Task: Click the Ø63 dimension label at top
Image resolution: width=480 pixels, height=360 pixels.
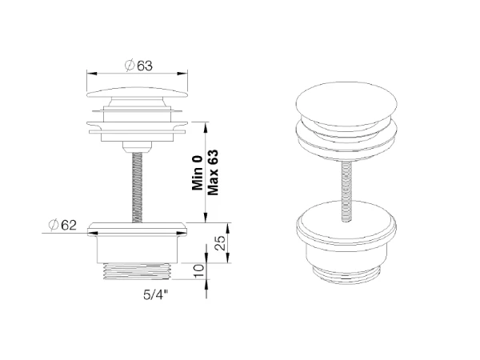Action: pyautogui.click(x=138, y=66)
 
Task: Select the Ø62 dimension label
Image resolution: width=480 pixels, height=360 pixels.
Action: pyautogui.click(x=62, y=226)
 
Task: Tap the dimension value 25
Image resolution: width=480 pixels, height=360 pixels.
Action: pyautogui.click(x=221, y=243)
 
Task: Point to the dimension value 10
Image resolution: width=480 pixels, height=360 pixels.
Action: pyautogui.click(x=199, y=271)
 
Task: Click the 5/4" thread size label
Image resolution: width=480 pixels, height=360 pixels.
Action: pyautogui.click(x=156, y=294)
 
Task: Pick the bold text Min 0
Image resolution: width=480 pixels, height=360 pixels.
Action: pyautogui.click(x=198, y=173)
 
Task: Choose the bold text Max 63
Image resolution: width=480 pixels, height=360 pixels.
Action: pyautogui.click(x=213, y=172)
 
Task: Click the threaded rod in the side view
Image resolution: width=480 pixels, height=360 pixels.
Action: pyautogui.click(x=138, y=186)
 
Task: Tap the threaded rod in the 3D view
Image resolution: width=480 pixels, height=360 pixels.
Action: pyautogui.click(x=346, y=191)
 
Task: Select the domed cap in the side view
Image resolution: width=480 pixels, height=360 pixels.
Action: pyautogui.click(x=137, y=93)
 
